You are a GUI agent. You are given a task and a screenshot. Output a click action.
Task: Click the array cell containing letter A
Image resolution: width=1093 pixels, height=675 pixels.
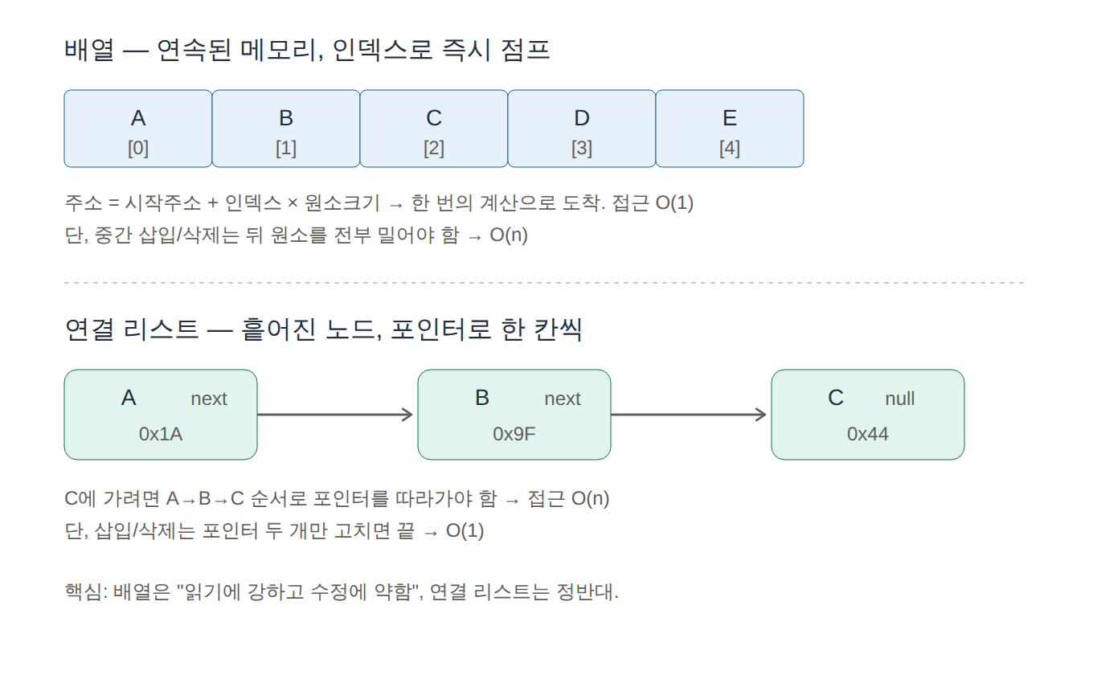click(138, 129)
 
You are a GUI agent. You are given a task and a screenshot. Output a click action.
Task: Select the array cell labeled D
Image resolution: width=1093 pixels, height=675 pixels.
click(582, 129)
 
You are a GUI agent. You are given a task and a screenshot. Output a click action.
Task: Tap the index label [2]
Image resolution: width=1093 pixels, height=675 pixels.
click(434, 149)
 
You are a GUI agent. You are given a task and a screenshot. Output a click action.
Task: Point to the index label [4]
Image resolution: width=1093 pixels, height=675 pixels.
click(730, 149)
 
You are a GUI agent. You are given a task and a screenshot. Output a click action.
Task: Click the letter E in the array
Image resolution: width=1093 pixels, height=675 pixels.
click(730, 118)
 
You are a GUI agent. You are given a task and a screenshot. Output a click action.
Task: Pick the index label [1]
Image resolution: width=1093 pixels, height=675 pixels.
click(286, 149)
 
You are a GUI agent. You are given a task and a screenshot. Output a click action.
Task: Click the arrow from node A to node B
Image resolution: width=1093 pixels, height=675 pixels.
click(335, 415)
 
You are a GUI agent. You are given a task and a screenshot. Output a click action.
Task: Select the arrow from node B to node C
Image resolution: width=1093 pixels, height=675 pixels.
click(689, 415)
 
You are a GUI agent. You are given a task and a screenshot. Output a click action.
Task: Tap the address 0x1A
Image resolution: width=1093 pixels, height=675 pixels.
click(161, 434)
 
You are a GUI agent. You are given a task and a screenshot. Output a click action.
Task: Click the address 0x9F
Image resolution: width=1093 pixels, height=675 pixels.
click(514, 434)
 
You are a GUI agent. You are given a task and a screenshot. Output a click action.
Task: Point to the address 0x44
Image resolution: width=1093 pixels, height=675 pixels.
click(868, 434)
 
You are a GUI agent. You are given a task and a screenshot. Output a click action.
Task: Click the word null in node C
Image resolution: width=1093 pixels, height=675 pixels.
click(900, 399)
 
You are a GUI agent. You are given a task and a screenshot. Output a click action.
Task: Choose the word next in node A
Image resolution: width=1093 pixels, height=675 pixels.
click(209, 399)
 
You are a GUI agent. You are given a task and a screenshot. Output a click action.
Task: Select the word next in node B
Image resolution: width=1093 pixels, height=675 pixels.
click(563, 399)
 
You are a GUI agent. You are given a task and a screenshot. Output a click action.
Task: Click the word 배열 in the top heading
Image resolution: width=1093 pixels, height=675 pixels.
click(89, 50)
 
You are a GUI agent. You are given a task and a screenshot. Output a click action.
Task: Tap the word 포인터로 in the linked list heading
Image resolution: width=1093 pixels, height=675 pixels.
click(440, 329)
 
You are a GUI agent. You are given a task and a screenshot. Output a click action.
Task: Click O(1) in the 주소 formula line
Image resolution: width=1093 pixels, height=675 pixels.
click(674, 202)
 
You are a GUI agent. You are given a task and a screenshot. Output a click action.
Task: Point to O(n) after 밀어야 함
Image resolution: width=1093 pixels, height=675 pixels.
click(509, 235)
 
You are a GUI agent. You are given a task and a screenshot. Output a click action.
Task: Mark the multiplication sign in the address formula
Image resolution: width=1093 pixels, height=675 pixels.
click(293, 203)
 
